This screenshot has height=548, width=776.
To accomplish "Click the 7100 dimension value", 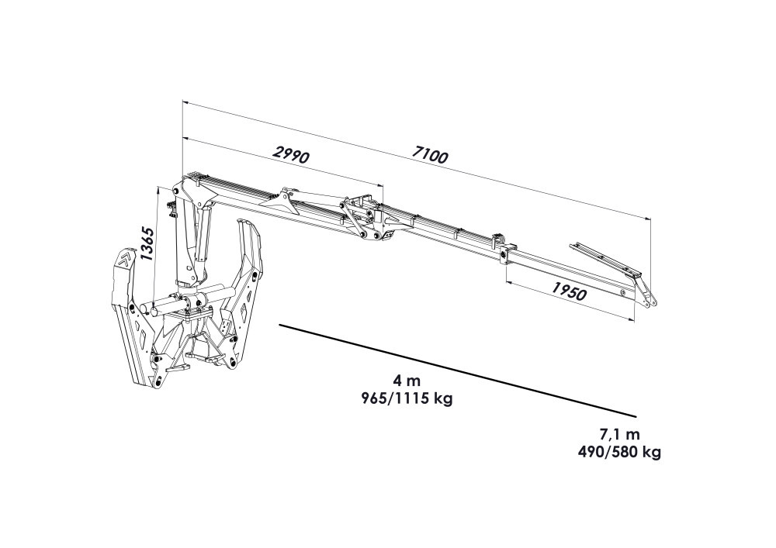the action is (429, 155).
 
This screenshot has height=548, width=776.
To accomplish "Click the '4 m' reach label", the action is (407, 382).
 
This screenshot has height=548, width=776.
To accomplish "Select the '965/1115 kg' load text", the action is (406, 398).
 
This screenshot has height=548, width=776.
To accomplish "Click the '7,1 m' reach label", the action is (619, 435).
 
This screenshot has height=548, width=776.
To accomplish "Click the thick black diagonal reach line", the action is (457, 371).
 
